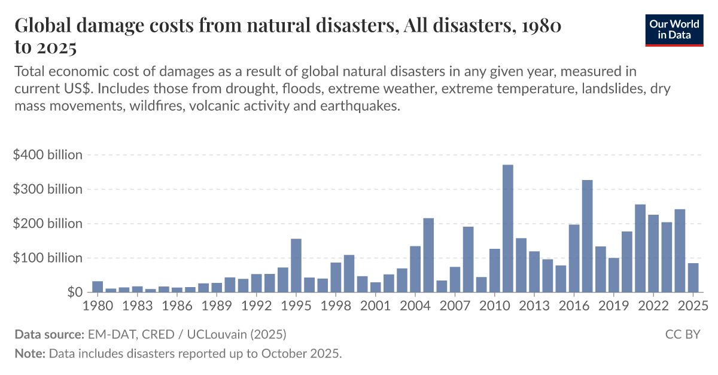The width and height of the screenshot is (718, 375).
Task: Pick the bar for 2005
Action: point(428,255)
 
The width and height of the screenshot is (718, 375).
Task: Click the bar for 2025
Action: point(693,278)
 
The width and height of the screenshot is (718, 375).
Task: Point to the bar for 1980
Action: point(98,286)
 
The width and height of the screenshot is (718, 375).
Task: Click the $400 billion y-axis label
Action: point(47,155)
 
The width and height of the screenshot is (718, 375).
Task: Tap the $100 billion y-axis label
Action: point(47,258)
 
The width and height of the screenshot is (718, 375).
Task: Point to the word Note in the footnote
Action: point(29,353)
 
